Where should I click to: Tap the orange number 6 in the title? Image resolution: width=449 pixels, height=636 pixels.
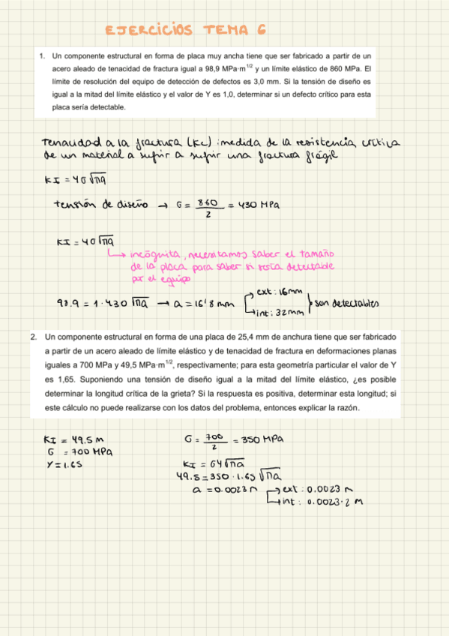(x=262, y=30)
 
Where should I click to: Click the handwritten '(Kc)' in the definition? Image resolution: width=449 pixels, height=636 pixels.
(x=197, y=143)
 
